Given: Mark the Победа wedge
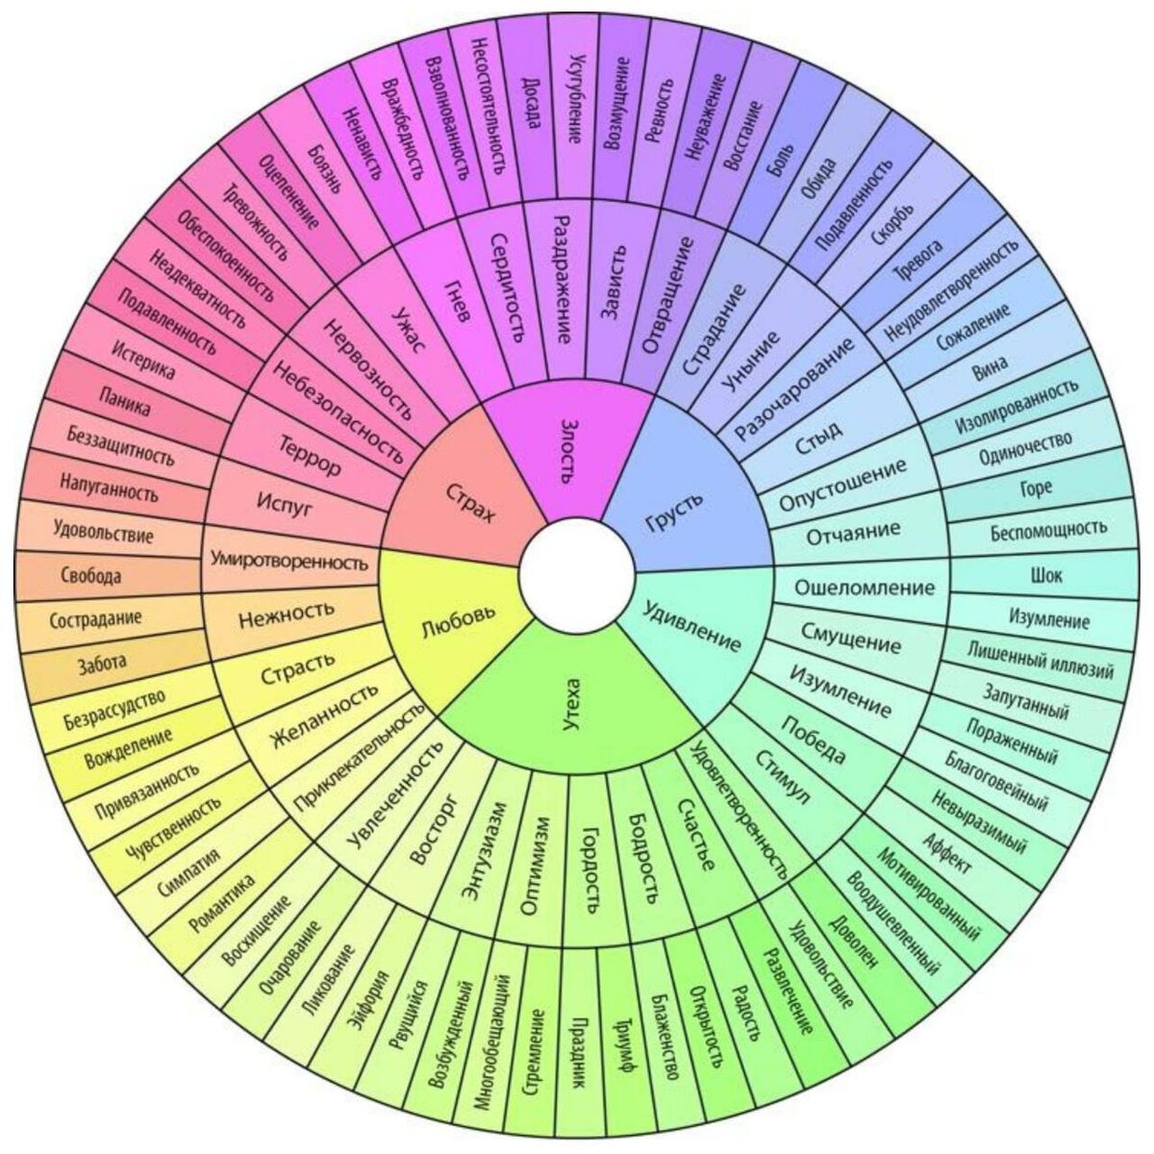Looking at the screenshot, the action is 814,740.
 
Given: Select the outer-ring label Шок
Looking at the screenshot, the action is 1045,575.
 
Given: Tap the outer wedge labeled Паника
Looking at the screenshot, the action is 124,401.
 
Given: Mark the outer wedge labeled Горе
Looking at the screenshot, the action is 1036,488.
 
